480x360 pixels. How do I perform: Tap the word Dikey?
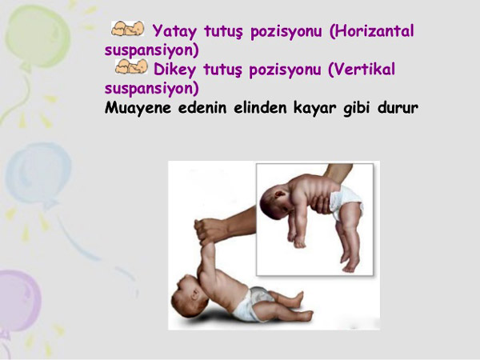(x=173, y=69)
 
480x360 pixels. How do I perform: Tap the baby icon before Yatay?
(x=128, y=30)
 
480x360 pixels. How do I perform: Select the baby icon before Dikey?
(x=132, y=68)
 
